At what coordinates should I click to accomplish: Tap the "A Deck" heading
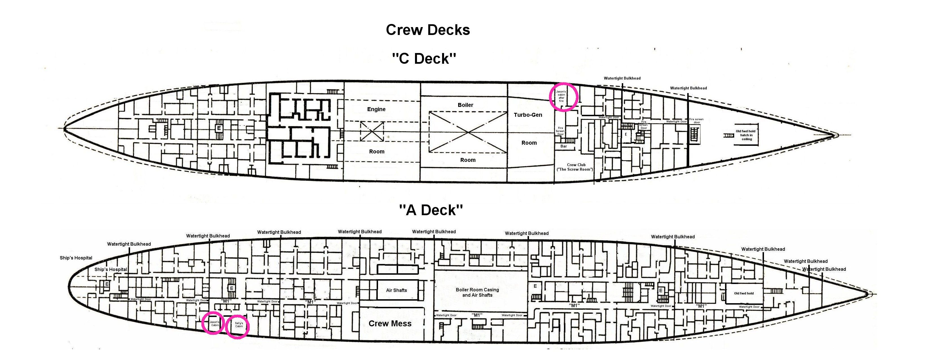(431, 210)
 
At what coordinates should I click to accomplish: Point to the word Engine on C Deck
(376, 109)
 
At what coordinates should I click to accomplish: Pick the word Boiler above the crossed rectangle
(465, 105)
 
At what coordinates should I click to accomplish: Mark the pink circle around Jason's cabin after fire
(563, 96)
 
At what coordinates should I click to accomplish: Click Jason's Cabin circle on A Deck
(213, 323)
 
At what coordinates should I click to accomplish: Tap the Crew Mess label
(390, 323)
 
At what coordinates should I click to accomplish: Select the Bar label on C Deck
(563, 146)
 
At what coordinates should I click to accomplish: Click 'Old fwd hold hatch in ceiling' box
(746, 135)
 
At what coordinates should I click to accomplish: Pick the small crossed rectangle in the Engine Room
(372, 131)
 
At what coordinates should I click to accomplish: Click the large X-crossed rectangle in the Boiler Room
(468, 132)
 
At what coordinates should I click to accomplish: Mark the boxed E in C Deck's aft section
(219, 128)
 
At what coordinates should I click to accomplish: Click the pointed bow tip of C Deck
(837, 135)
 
